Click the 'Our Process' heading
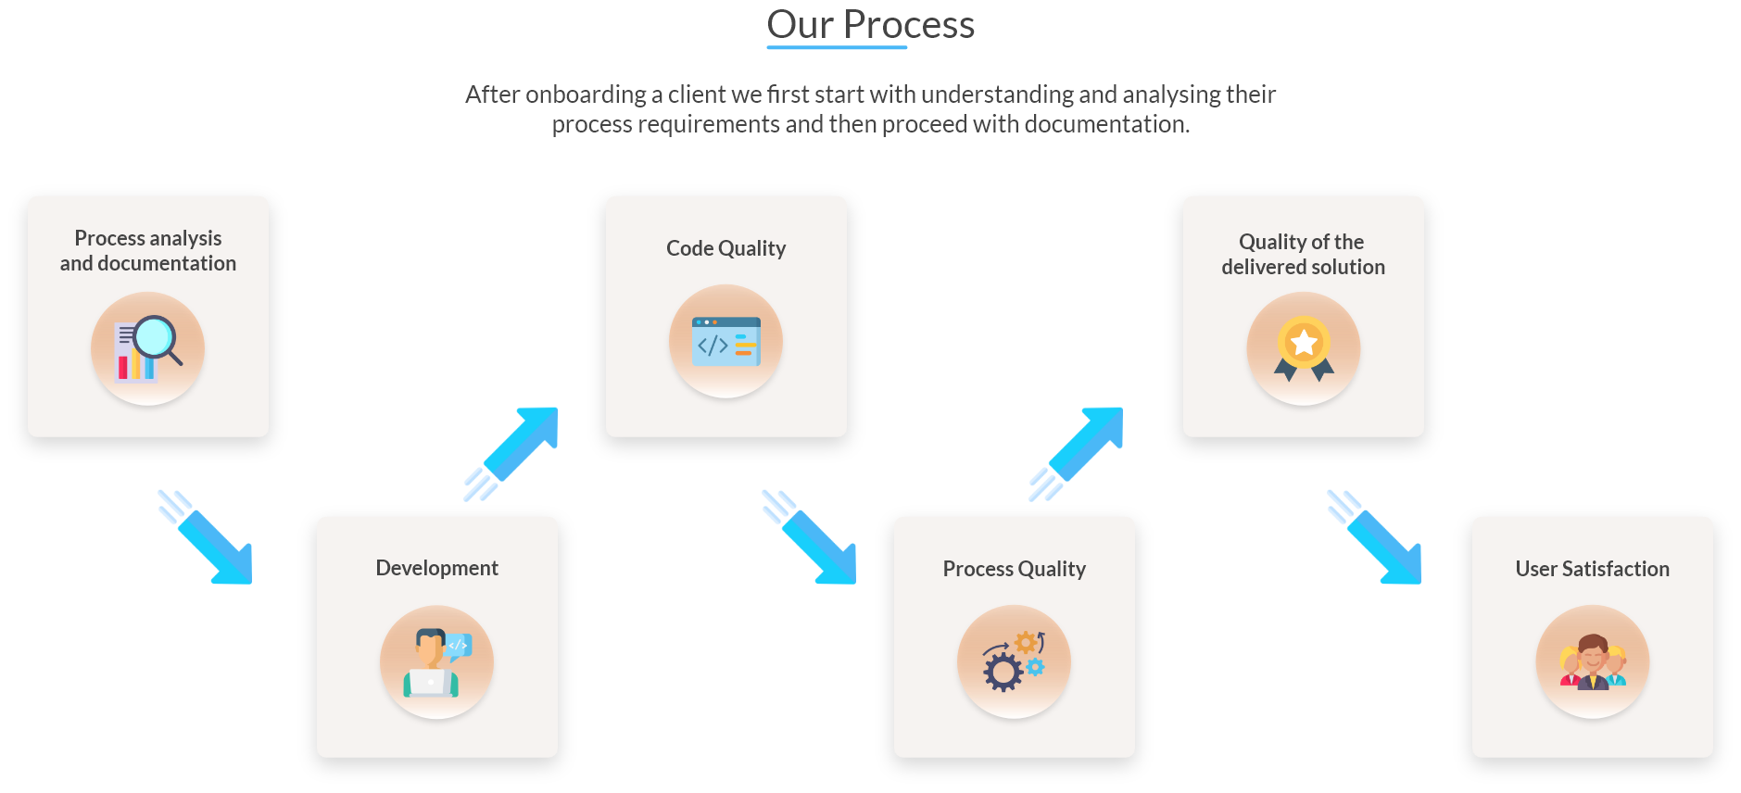click(x=870, y=25)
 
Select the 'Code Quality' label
click(x=725, y=248)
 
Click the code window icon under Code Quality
click(x=726, y=342)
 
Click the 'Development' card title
click(x=436, y=568)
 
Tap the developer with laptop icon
click(x=436, y=662)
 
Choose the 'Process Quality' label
click(x=1014, y=569)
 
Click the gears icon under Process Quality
click(x=1014, y=662)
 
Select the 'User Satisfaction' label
click(x=1592, y=569)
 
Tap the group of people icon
click(x=1592, y=662)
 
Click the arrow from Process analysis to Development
click(x=208, y=539)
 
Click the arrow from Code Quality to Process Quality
click(x=812, y=539)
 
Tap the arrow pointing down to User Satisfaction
click(x=1377, y=539)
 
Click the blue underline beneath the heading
click(x=837, y=47)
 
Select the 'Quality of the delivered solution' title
click(x=1303, y=255)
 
